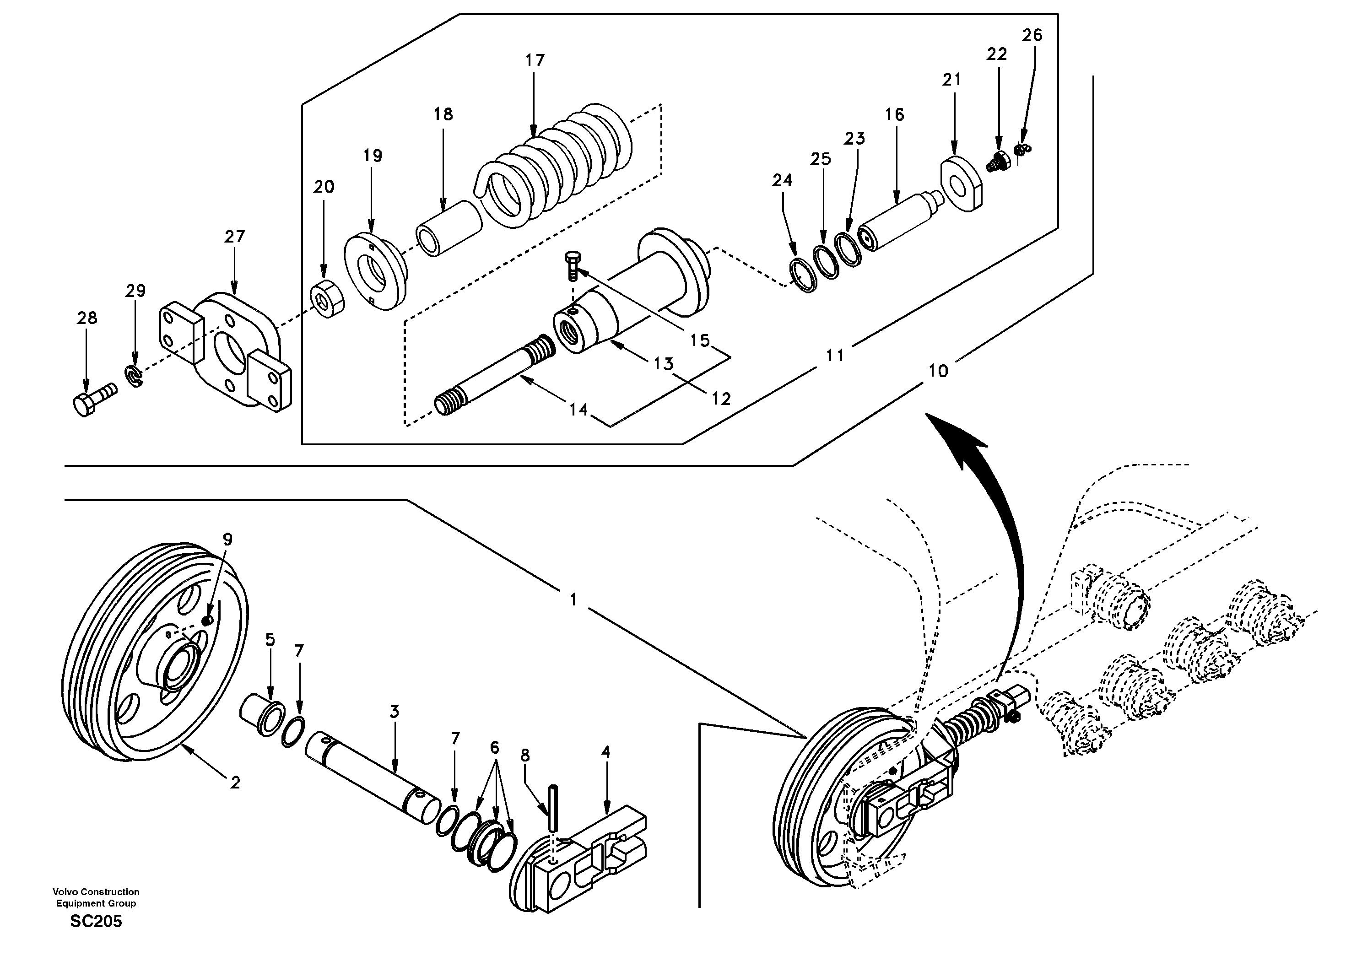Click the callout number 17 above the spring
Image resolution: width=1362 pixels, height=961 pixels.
pyautogui.click(x=535, y=60)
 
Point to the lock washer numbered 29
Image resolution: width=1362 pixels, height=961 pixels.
pyautogui.click(x=135, y=376)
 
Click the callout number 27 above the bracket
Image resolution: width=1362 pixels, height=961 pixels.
pyautogui.click(x=234, y=237)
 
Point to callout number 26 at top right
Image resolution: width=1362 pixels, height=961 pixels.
pyautogui.click(x=1032, y=36)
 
